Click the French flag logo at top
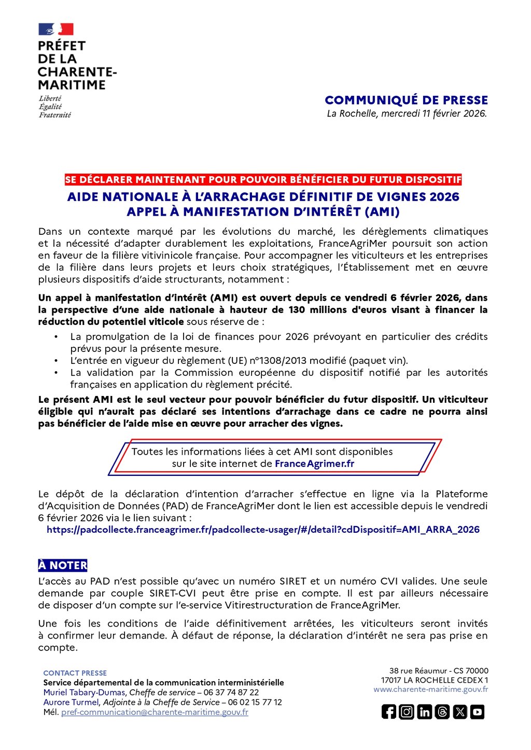coord(56,29)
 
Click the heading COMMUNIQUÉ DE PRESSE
coord(406,100)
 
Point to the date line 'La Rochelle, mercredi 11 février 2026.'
coord(407,114)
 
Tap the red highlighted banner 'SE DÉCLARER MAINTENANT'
coord(263,180)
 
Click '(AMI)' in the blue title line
coord(382,212)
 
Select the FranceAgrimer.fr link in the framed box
coord(314,464)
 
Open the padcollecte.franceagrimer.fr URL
coord(263,530)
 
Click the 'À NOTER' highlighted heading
coord(63,565)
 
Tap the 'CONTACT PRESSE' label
coord(75,673)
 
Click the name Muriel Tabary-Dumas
coord(84,692)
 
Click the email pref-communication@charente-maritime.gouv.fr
coord(155,712)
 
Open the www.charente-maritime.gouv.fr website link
coord(430,689)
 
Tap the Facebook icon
coord(388,712)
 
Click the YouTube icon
coord(478,712)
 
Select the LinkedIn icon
coord(424,712)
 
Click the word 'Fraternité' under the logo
coord(55,115)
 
